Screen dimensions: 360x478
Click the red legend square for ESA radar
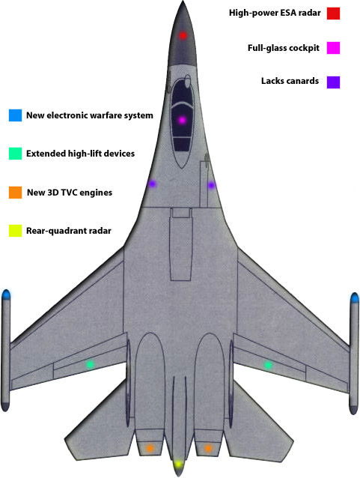pos(333,13)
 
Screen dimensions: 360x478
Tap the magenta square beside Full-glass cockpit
pos(333,48)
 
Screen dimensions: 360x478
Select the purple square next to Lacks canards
pos(333,82)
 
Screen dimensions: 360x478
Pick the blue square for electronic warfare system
pos(15,115)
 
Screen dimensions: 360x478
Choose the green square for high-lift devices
pos(15,154)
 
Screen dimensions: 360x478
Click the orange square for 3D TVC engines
pos(15,193)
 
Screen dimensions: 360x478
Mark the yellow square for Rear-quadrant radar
pos(15,231)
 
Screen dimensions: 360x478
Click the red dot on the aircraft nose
pos(183,35)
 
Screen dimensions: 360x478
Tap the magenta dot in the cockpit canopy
pos(182,120)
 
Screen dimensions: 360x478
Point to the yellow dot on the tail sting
pos(178,465)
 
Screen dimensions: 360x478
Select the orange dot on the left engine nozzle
pos(150,448)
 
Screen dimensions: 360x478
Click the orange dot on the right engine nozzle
pos(208,448)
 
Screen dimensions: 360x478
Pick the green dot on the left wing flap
pos(90,364)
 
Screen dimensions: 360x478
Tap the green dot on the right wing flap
pos(268,365)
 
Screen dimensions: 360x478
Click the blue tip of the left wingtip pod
pos(6,294)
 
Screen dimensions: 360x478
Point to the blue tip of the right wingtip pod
pos(355,298)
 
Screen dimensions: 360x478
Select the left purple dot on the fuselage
pos(152,184)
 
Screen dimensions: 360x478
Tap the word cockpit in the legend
pos(304,48)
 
